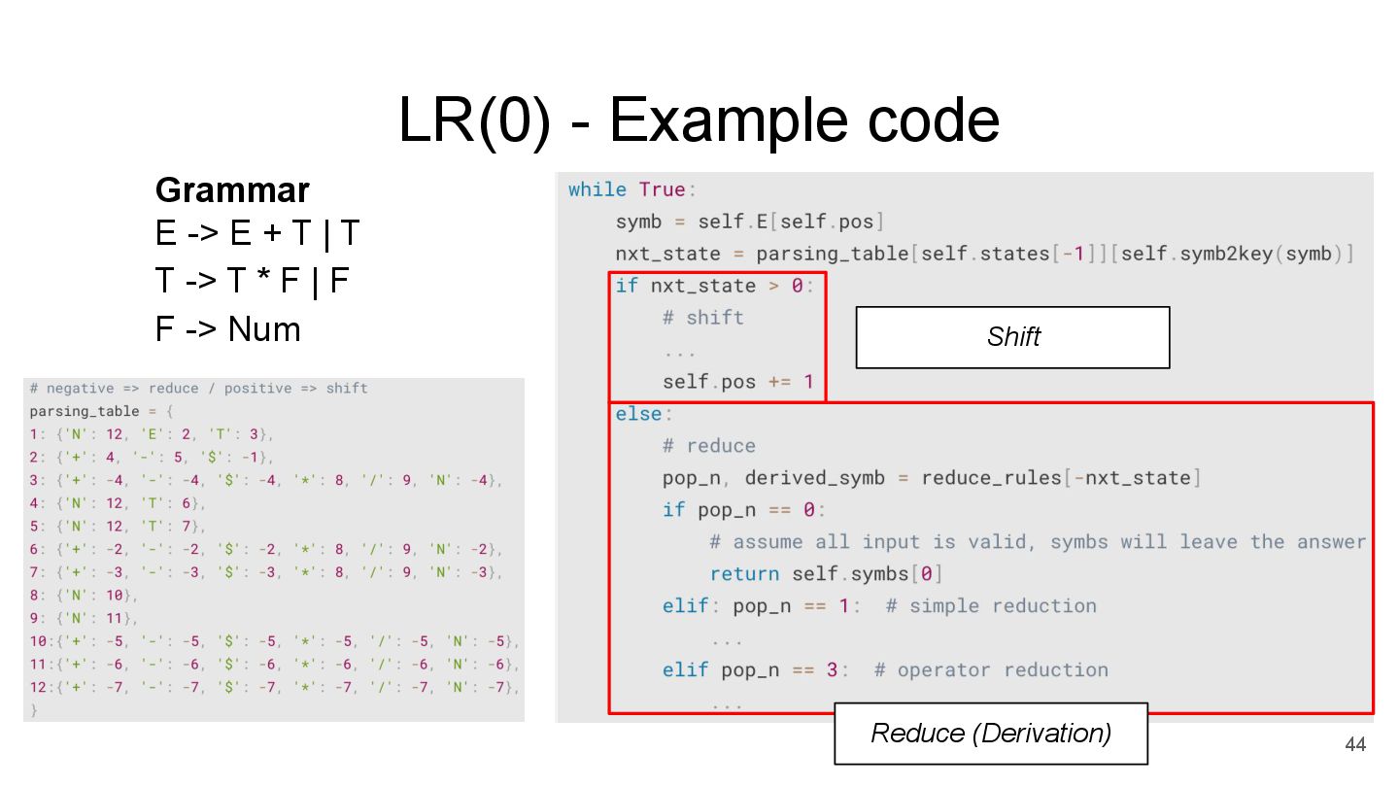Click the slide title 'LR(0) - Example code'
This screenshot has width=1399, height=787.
[x=699, y=121]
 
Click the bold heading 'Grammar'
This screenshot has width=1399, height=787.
[x=232, y=189]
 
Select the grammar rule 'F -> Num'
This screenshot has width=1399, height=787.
[x=228, y=329]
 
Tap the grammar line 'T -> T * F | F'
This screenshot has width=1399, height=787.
[x=252, y=282]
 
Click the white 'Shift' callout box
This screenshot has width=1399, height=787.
[x=1012, y=337]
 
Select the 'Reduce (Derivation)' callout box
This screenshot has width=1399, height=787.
[x=990, y=734]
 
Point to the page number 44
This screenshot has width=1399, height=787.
[x=1354, y=744]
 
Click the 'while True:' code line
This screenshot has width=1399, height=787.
[x=632, y=189]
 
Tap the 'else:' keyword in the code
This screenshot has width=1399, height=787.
[x=638, y=414]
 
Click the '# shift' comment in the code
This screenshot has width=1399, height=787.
[x=703, y=318]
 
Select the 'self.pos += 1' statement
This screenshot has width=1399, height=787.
[x=738, y=382]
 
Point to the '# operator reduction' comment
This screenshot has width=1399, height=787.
[x=991, y=670]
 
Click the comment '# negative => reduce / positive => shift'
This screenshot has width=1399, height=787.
[x=198, y=389]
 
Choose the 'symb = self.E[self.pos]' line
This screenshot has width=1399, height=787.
[x=749, y=222]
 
